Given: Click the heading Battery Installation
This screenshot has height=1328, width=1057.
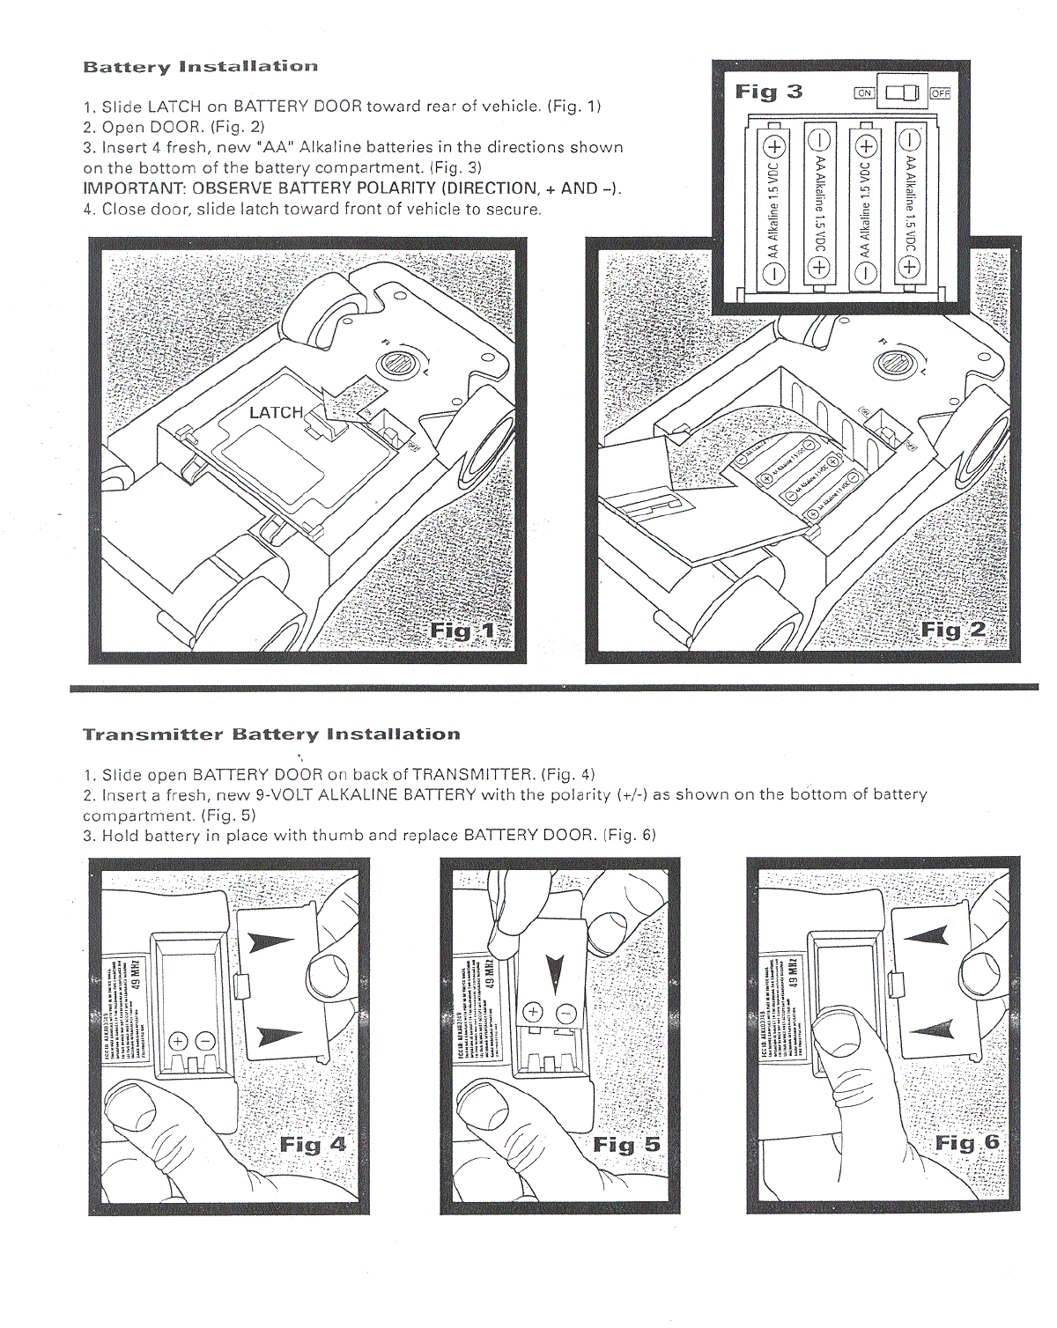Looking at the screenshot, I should pyautogui.click(x=200, y=67).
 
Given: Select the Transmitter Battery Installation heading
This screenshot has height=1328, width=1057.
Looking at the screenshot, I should pyautogui.click(x=271, y=734).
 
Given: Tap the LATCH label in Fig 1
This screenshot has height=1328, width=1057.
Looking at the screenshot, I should pyautogui.click(x=276, y=412).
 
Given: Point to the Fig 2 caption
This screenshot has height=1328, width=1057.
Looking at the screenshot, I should pyautogui.click(x=953, y=630).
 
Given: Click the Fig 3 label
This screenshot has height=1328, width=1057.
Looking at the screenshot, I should pyautogui.click(x=769, y=92).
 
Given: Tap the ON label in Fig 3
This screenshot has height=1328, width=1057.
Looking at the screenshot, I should pyautogui.click(x=864, y=92).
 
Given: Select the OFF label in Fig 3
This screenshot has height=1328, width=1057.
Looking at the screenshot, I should pyautogui.click(x=940, y=92).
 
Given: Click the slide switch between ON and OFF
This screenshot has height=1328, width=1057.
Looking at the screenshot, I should pyautogui.click(x=902, y=92).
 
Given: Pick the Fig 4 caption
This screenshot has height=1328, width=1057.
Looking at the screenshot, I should pyautogui.click(x=313, y=1144).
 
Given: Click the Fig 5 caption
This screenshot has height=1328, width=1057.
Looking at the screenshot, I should pyautogui.click(x=626, y=1145).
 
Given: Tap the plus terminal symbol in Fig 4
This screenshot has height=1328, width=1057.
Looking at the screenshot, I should pyautogui.click(x=178, y=1041).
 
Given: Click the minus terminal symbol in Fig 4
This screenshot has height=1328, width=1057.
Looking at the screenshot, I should pyautogui.click(x=204, y=1041).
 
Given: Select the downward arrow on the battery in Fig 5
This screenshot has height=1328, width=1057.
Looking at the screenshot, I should pyautogui.click(x=554, y=972).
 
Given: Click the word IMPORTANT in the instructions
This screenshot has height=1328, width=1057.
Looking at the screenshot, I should pyautogui.click(x=134, y=188).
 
